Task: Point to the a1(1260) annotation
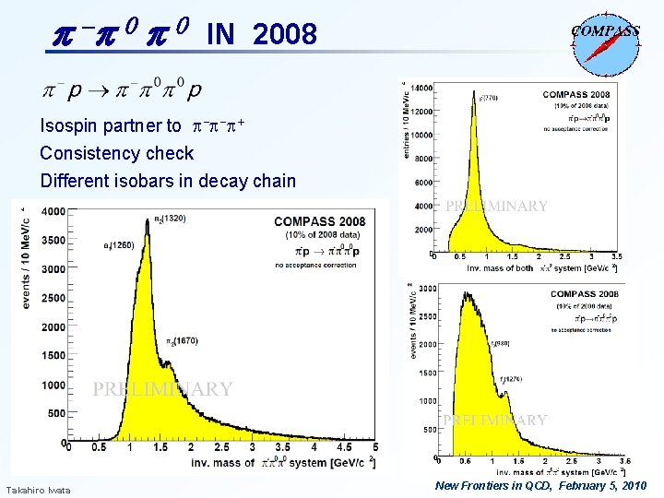pos(118,245)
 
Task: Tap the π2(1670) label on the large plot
pos(183,341)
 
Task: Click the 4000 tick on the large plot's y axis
pos(52,212)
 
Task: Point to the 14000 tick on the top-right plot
pos(421,88)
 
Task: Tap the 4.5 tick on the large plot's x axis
pos(345,447)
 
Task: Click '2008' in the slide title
pos(284,35)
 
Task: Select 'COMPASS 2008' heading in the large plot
pos(319,221)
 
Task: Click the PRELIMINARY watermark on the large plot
pos(162,389)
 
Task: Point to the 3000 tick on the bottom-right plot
pos(427,289)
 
